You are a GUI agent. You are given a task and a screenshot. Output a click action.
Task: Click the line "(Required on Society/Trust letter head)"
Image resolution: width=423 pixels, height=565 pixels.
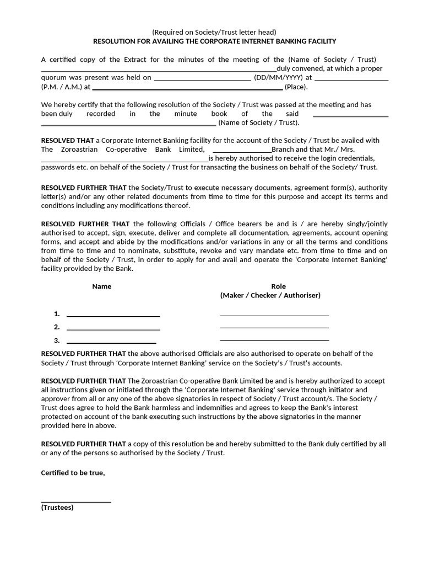coord(214,32)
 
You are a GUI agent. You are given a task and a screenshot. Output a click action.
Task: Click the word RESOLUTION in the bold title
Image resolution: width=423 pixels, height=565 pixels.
coord(115,41)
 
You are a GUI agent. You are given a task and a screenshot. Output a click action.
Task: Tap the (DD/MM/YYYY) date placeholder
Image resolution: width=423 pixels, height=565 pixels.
coord(279,78)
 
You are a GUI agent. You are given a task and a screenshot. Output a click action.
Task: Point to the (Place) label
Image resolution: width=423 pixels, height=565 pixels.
coord(296,87)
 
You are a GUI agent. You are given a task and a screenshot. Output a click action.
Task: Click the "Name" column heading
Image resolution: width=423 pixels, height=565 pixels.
coord(101,286)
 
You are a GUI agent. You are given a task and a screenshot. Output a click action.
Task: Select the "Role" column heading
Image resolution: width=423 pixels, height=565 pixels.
coord(279,286)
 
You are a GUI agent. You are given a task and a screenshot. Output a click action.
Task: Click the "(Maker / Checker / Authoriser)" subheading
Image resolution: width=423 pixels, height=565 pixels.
coord(270,295)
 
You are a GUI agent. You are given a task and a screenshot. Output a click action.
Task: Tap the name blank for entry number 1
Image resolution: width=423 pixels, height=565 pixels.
coord(113,315)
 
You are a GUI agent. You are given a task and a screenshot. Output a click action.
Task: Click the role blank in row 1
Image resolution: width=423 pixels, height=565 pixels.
coord(274,315)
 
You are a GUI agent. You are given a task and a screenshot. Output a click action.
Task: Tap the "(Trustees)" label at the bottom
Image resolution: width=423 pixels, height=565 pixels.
coord(57,507)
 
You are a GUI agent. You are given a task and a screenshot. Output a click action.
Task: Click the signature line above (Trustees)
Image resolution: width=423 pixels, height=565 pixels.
coord(76,501)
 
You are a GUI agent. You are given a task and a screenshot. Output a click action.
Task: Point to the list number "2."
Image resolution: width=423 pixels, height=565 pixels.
coord(57,327)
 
